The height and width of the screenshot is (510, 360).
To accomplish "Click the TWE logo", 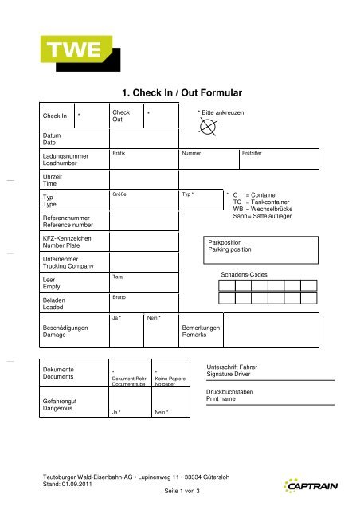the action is point(72,52).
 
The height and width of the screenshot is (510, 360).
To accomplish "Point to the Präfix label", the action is point(120,151).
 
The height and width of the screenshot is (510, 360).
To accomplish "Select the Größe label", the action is point(121,194).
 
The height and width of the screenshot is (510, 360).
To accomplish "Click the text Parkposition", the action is point(226,241).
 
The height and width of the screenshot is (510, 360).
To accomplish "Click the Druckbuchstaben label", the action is point(233,393).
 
